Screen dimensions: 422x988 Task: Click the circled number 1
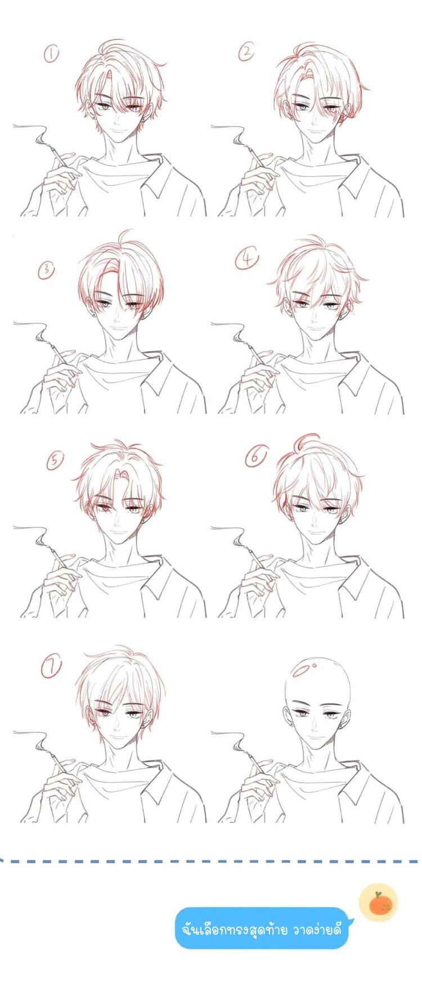point(51,55)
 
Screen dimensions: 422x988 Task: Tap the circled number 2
point(247,53)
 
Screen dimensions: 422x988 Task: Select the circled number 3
point(47,270)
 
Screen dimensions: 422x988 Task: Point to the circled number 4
point(248,259)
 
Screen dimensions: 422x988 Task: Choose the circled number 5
point(54,461)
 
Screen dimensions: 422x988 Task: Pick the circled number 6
point(255,458)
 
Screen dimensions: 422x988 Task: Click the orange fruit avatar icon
point(379,903)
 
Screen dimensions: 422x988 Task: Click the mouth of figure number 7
point(118,736)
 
